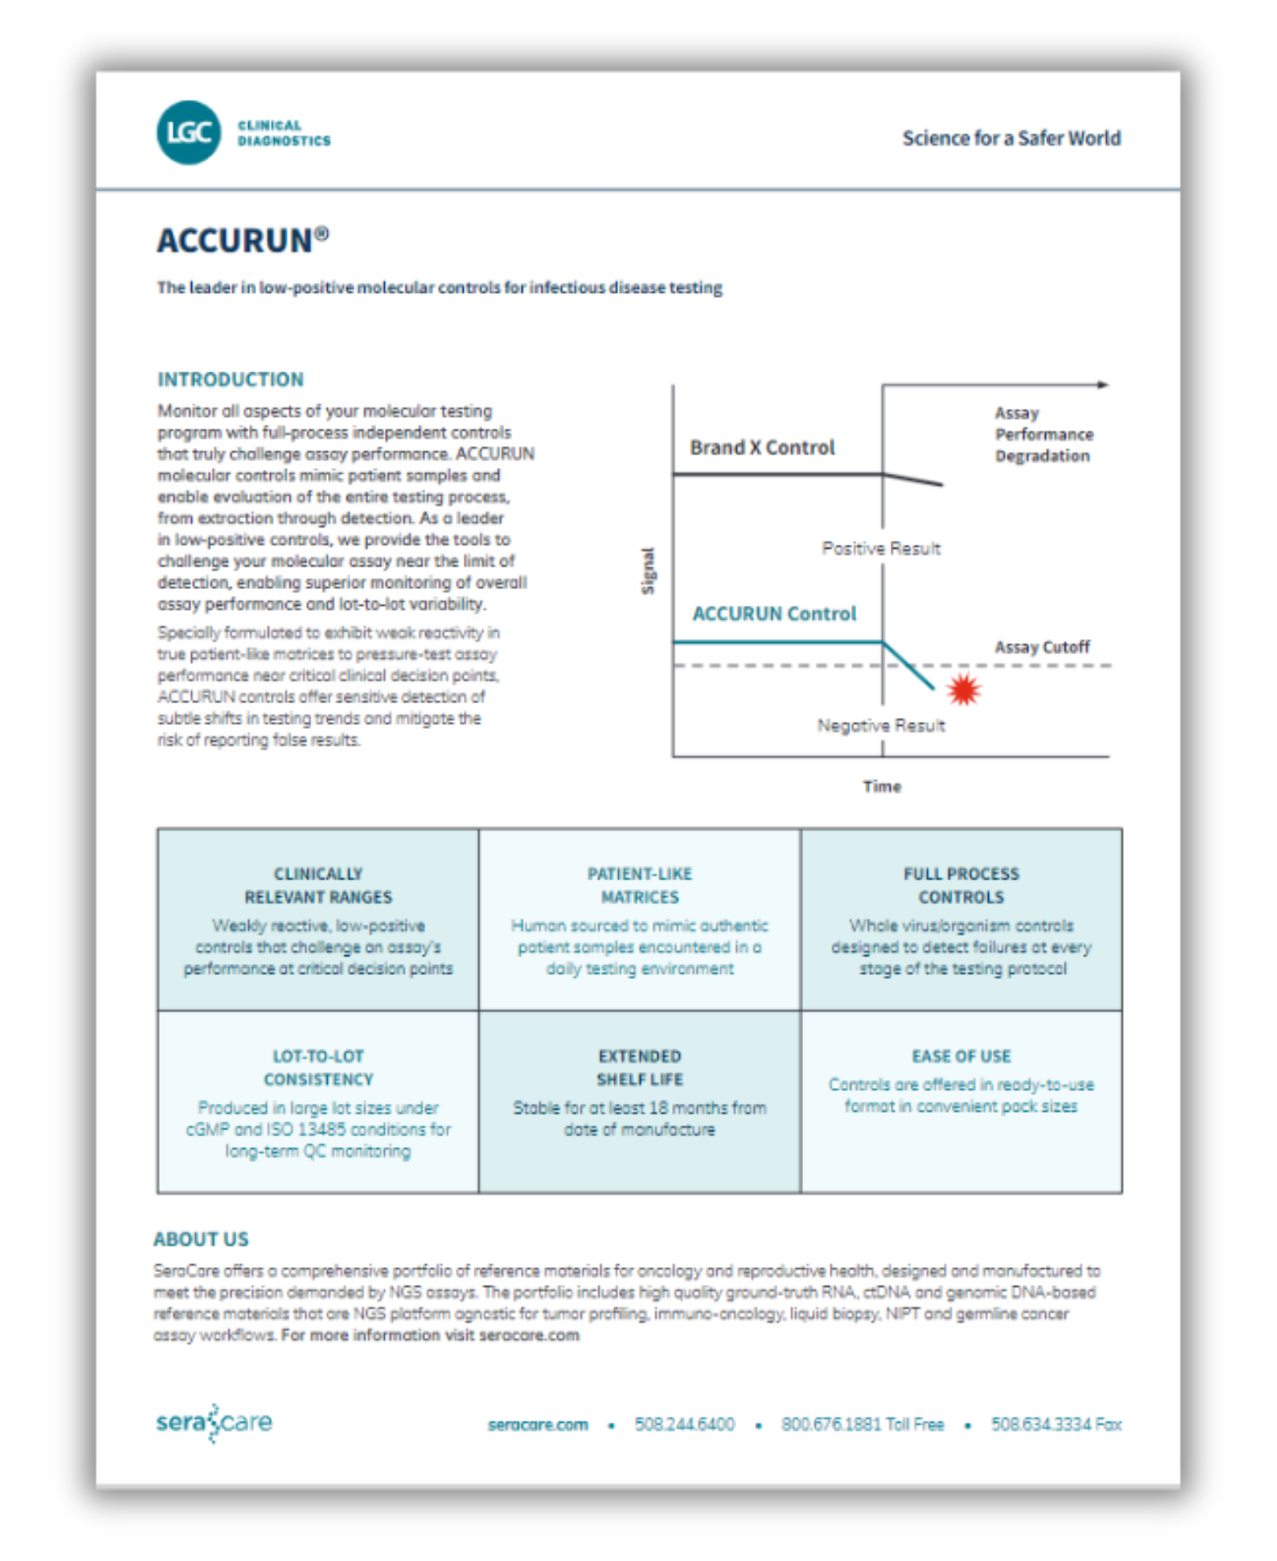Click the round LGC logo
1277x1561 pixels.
click(x=188, y=133)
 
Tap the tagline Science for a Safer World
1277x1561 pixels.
click(x=1011, y=138)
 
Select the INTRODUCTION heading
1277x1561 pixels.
click(x=230, y=379)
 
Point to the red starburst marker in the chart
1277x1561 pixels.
click(x=963, y=689)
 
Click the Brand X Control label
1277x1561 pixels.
click(x=762, y=447)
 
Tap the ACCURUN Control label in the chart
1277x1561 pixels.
click(x=774, y=613)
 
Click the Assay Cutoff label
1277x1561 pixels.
click(x=1041, y=647)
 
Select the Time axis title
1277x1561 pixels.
click(x=881, y=786)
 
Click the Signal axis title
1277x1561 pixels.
click(x=648, y=571)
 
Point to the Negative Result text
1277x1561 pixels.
click(x=880, y=726)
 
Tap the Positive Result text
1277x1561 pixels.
click(x=880, y=549)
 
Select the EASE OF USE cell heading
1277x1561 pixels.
click(x=961, y=1056)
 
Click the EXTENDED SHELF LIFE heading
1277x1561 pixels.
click(x=639, y=1068)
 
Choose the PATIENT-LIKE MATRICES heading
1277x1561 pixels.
click(x=639, y=885)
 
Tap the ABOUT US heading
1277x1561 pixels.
click(x=201, y=1239)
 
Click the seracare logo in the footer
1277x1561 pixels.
click(x=214, y=1422)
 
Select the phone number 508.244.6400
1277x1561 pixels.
click(x=684, y=1424)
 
